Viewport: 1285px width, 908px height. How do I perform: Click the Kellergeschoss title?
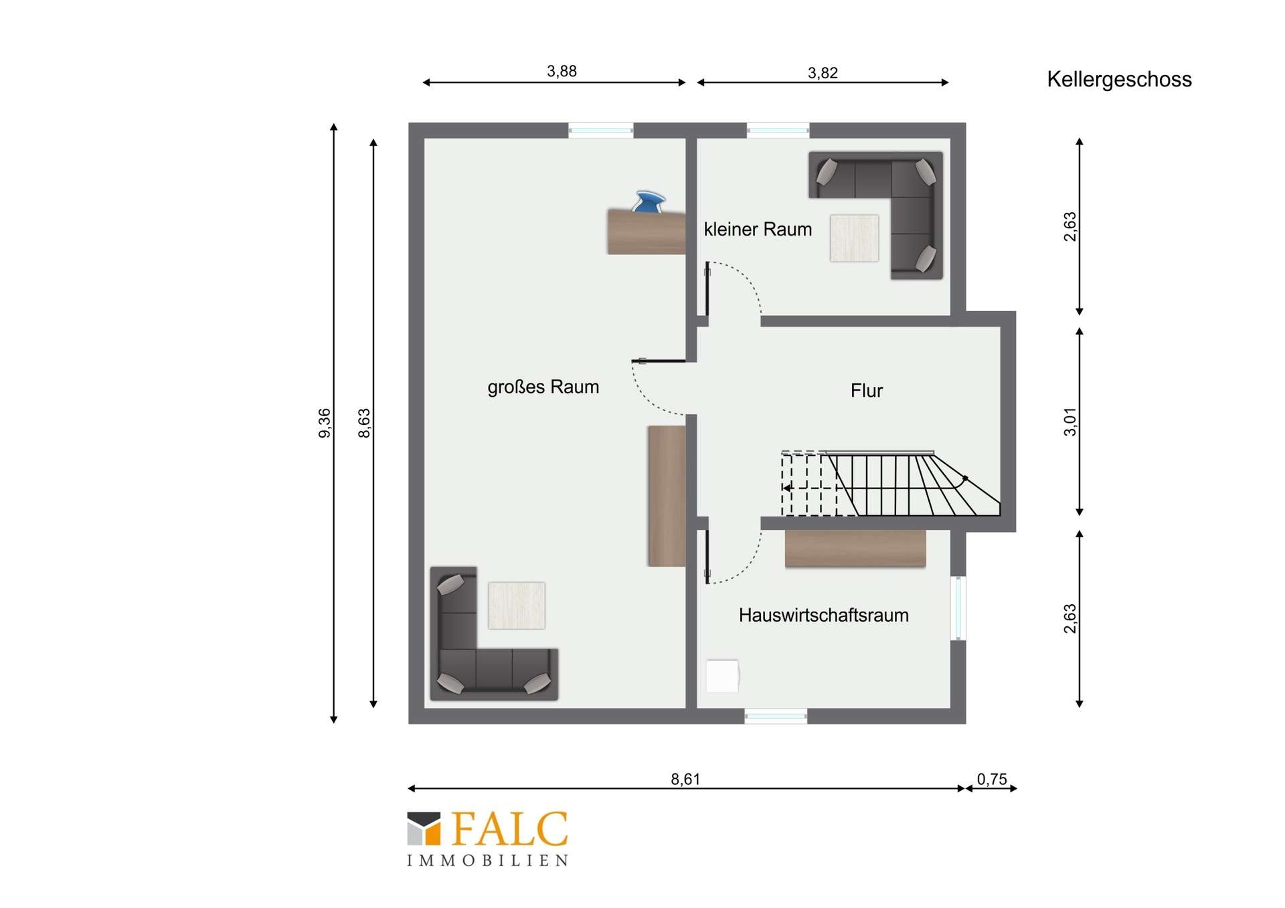click(1119, 80)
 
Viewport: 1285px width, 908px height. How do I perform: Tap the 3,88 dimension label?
click(562, 71)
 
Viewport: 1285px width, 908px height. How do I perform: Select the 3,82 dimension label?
click(823, 73)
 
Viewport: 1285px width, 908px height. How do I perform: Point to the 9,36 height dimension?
click(324, 423)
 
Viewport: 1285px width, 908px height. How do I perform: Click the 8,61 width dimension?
click(685, 779)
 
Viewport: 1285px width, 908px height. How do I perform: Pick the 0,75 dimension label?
click(992, 779)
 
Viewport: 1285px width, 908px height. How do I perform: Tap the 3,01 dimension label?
click(1070, 422)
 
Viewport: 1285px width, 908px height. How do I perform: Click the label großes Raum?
click(543, 387)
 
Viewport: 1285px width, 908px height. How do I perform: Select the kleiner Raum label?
click(758, 230)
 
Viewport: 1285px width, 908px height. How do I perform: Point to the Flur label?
click(867, 391)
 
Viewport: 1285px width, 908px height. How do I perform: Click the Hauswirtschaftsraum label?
click(823, 616)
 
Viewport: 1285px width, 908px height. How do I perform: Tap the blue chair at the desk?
click(649, 202)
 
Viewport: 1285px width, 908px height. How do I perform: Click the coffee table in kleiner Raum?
click(854, 238)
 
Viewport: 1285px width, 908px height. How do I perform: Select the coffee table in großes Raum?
click(516, 606)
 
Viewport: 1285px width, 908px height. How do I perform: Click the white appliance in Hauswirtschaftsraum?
click(722, 676)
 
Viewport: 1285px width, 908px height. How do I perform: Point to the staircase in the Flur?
click(890, 484)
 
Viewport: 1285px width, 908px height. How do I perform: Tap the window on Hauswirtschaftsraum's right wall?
click(958, 608)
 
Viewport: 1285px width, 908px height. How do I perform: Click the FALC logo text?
click(510, 830)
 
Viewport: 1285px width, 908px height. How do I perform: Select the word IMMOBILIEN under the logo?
click(488, 860)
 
